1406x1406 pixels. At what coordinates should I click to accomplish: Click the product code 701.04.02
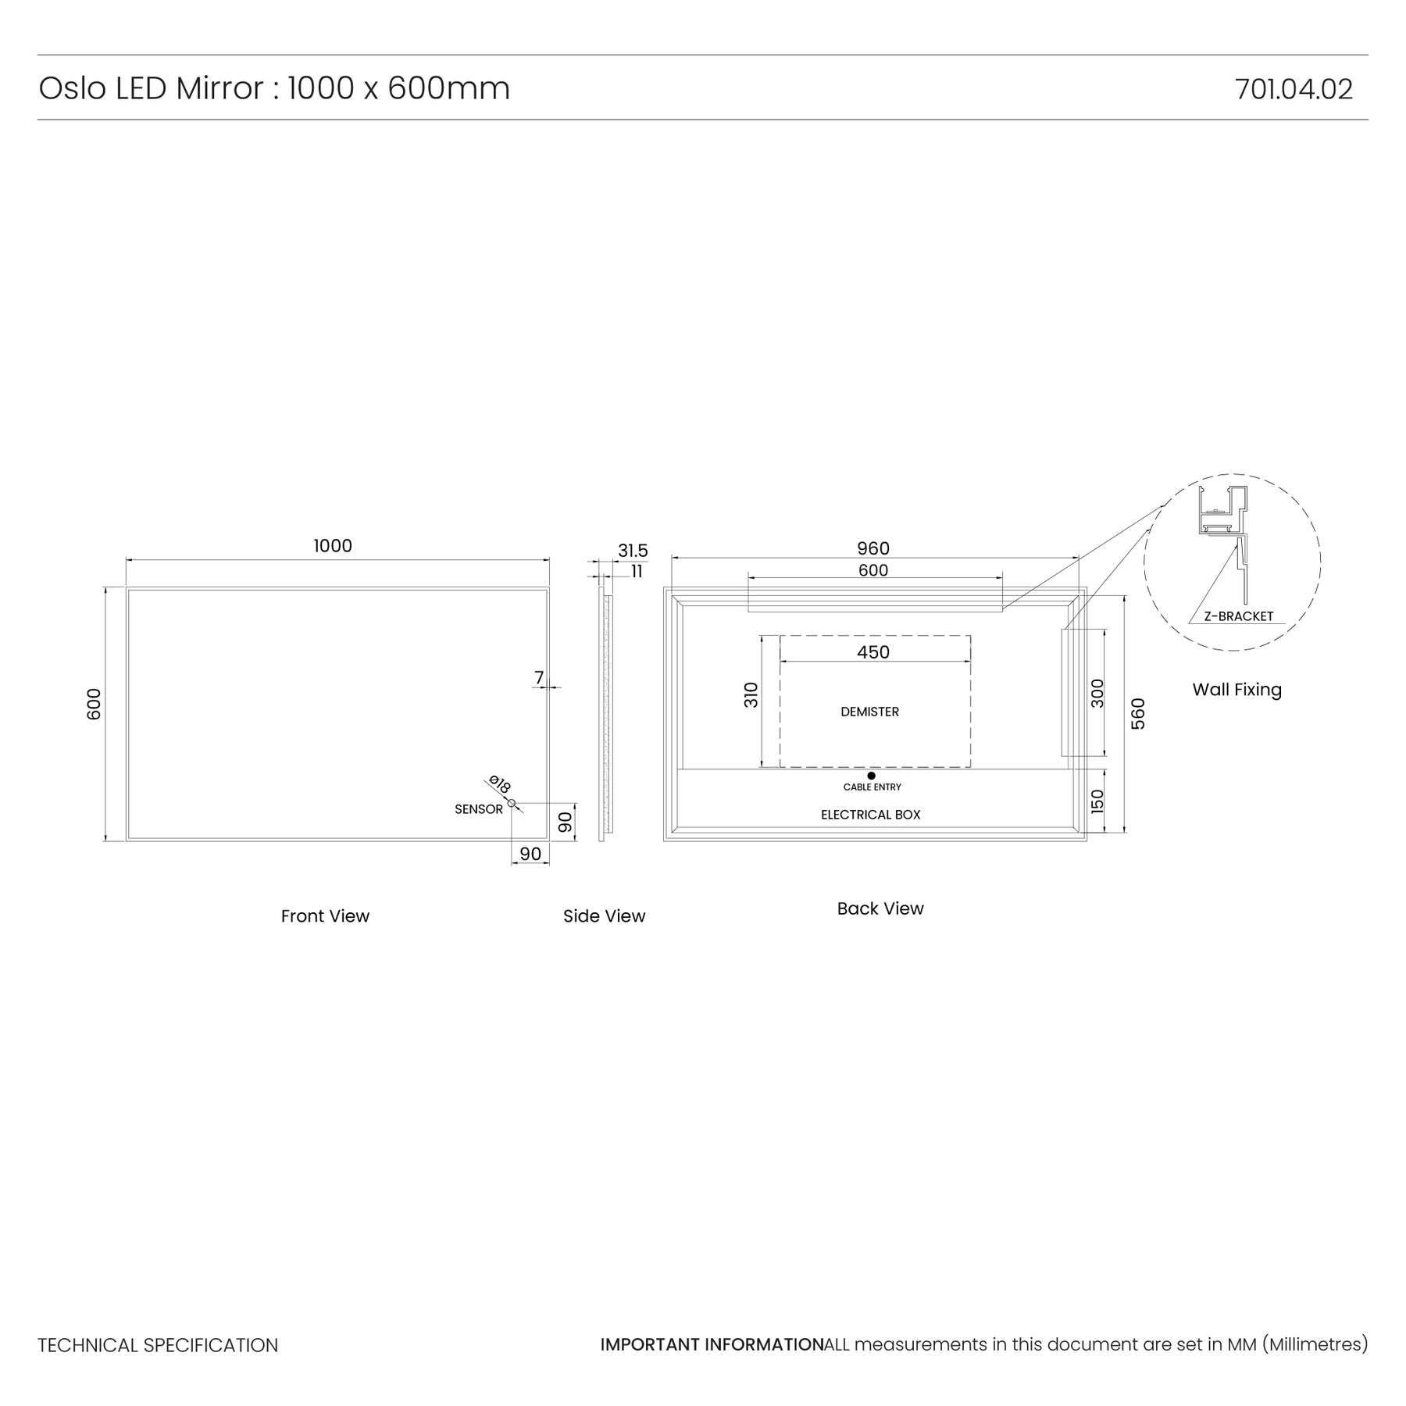click(1294, 89)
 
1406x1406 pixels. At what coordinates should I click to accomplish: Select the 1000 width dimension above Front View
click(333, 546)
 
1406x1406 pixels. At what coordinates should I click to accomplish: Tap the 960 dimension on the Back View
click(873, 548)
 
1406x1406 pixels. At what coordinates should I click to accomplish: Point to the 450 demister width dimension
click(873, 652)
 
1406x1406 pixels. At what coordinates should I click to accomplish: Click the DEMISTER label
click(869, 712)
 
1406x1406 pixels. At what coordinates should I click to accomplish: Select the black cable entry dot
click(872, 776)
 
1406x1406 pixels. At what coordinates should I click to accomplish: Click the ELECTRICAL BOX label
click(870, 815)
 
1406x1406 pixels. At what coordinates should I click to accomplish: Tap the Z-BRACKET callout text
click(1239, 616)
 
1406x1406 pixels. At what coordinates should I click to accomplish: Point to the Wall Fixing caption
click(1237, 690)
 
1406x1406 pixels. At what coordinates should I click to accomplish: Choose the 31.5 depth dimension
click(633, 551)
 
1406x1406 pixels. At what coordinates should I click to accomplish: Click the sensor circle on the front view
click(512, 803)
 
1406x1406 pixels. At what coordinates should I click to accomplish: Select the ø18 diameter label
click(499, 784)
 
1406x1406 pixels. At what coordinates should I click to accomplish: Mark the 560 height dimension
click(1138, 714)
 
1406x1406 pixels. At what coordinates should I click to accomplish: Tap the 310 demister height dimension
click(751, 695)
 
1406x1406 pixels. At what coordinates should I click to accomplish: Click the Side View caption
click(605, 916)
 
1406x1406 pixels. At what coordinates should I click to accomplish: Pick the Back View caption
click(880, 908)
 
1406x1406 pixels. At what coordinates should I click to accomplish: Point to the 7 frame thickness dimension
click(539, 678)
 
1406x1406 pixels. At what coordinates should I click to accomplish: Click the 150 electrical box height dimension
click(1097, 801)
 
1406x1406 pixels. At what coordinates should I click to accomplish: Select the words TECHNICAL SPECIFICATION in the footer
click(158, 1345)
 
